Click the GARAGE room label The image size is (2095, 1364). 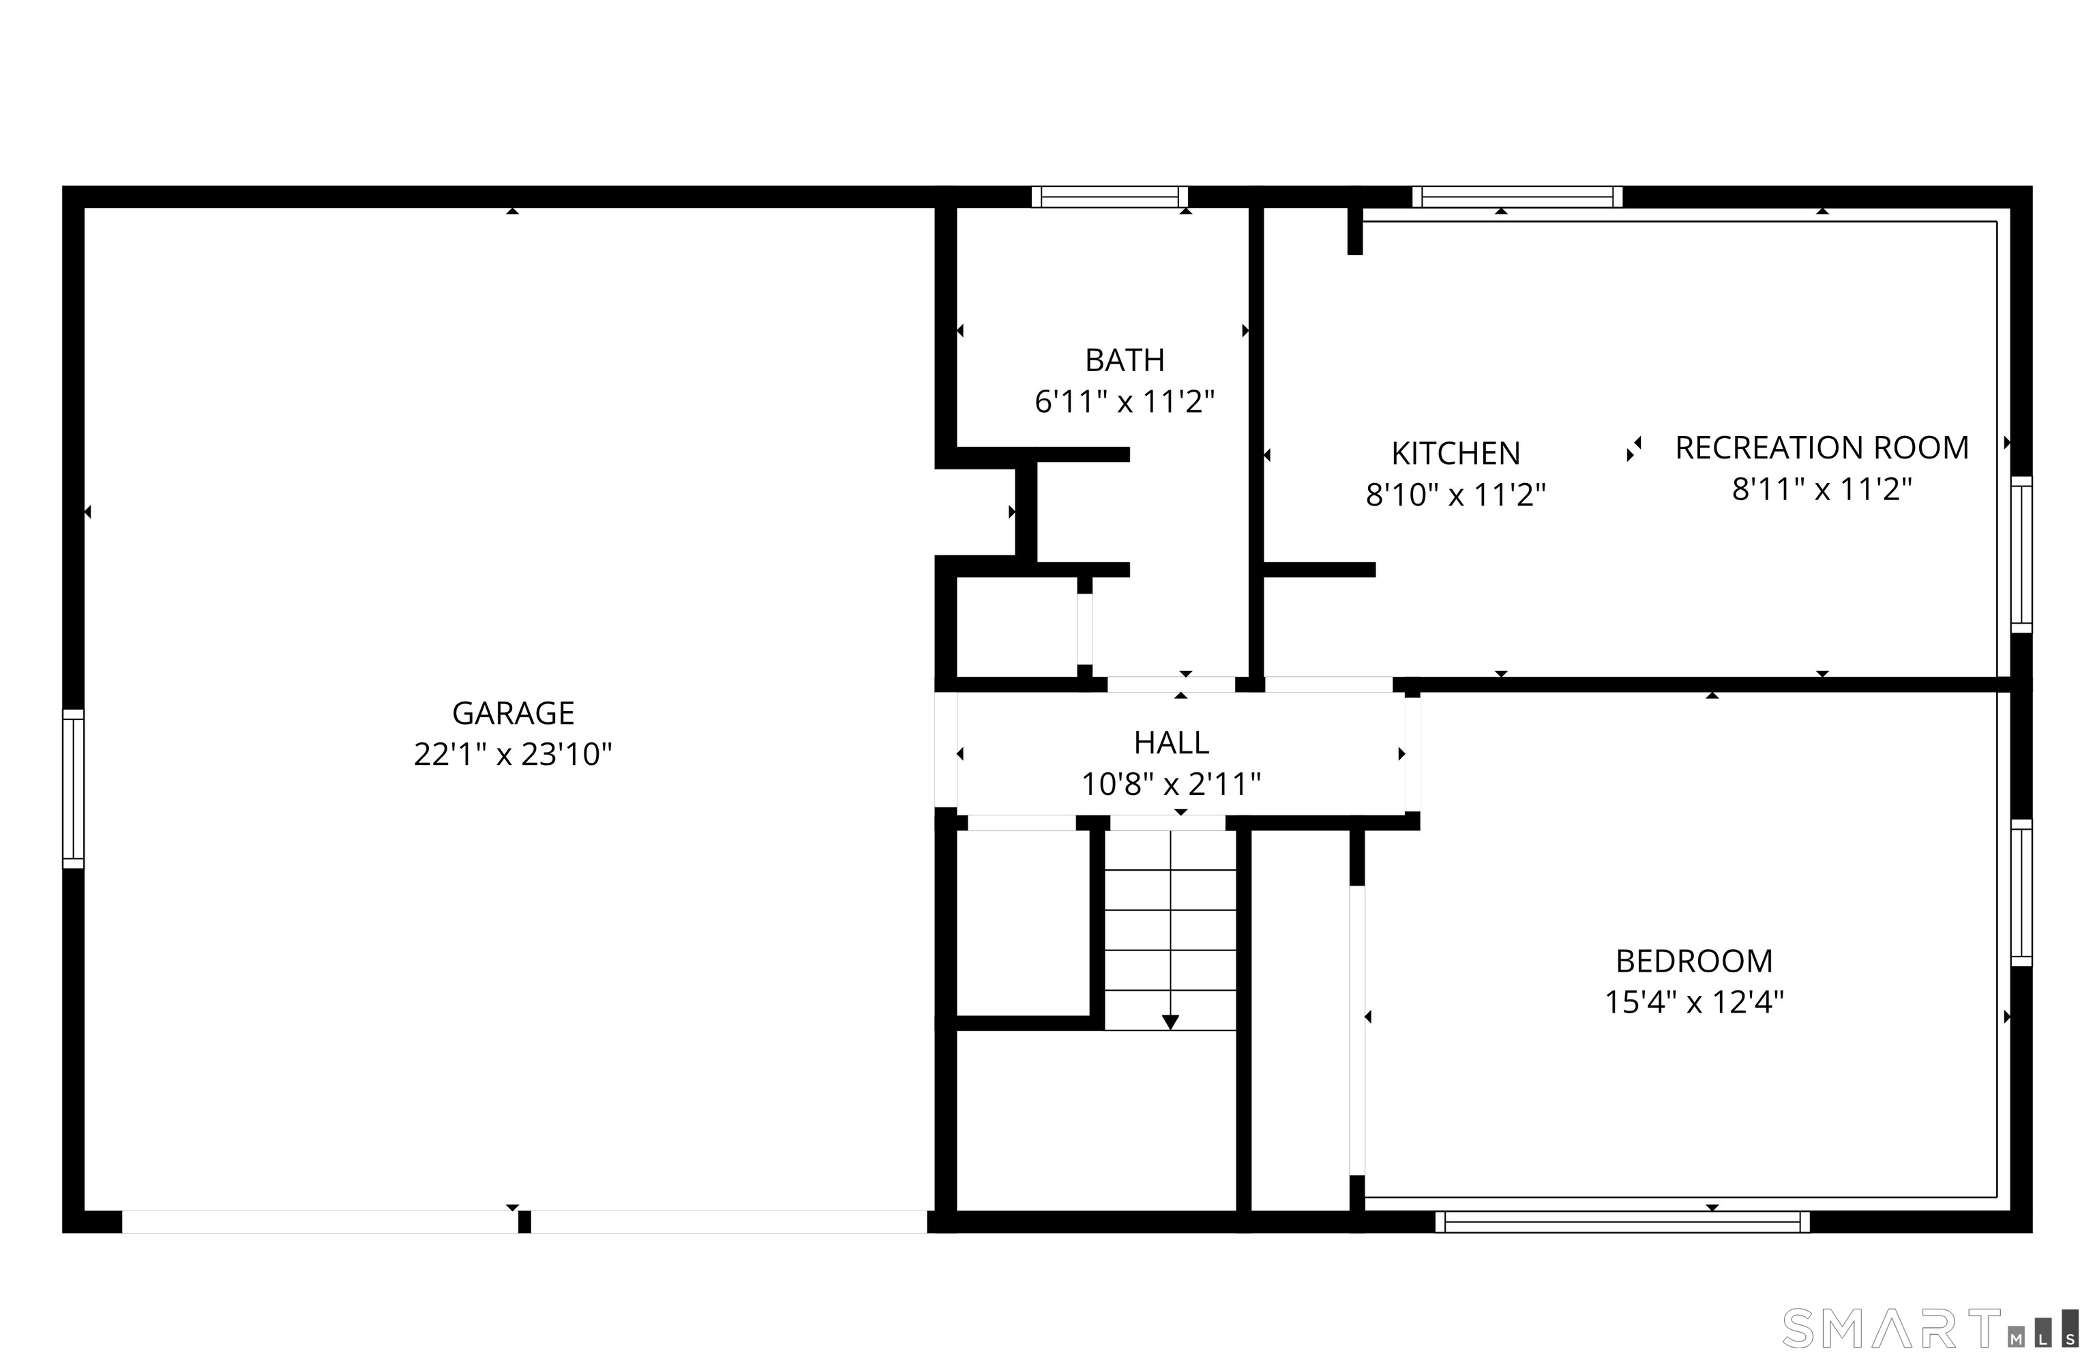pyautogui.click(x=514, y=712)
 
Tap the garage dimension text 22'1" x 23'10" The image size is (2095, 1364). pyautogui.click(x=514, y=755)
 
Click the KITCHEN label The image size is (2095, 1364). pyautogui.click(x=1455, y=454)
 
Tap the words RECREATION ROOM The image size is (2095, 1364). pyautogui.click(x=1822, y=448)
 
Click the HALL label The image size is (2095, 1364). pyautogui.click(x=1171, y=743)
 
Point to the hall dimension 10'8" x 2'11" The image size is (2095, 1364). pyautogui.click(x=1171, y=785)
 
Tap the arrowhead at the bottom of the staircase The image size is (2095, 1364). pyautogui.click(x=1170, y=1022)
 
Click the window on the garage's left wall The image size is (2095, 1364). pyautogui.click(x=73, y=789)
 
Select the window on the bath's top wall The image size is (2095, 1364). pyautogui.click(x=1109, y=197)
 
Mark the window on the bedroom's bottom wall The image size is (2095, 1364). pyautogui.click(x=1622, y=1221)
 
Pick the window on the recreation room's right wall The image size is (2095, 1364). pyautogui.click(x=2021, y=555)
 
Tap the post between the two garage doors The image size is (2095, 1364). pyautogui.click(x=524, y=1221)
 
